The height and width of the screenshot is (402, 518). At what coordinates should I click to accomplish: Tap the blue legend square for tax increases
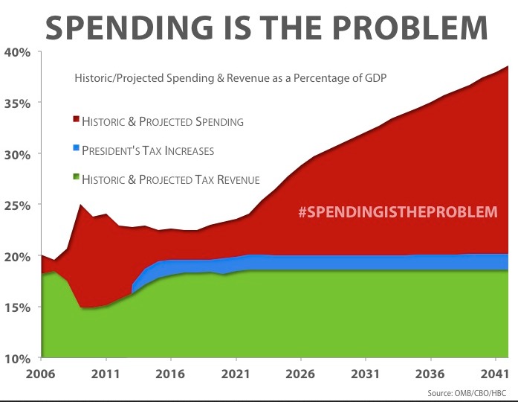coord(76,149)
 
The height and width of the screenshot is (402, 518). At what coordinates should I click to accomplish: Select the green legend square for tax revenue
coord(76,178)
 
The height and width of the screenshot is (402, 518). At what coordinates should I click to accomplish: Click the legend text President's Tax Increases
coord(148,150)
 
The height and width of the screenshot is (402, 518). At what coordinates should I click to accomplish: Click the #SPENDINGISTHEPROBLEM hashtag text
coord(397,212)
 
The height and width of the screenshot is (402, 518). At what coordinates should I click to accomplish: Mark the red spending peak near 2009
coord(80,205)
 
